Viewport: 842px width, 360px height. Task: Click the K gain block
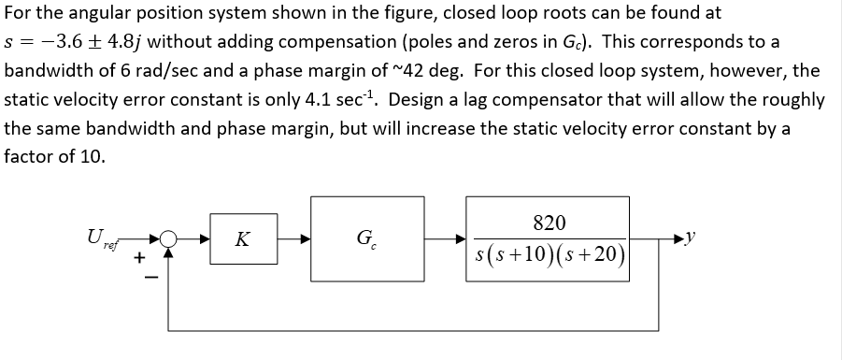242,239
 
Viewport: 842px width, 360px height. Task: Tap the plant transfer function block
549,239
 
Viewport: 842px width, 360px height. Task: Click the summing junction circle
169,240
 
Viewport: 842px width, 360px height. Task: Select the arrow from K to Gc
293,240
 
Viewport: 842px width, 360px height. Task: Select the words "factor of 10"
54,156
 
